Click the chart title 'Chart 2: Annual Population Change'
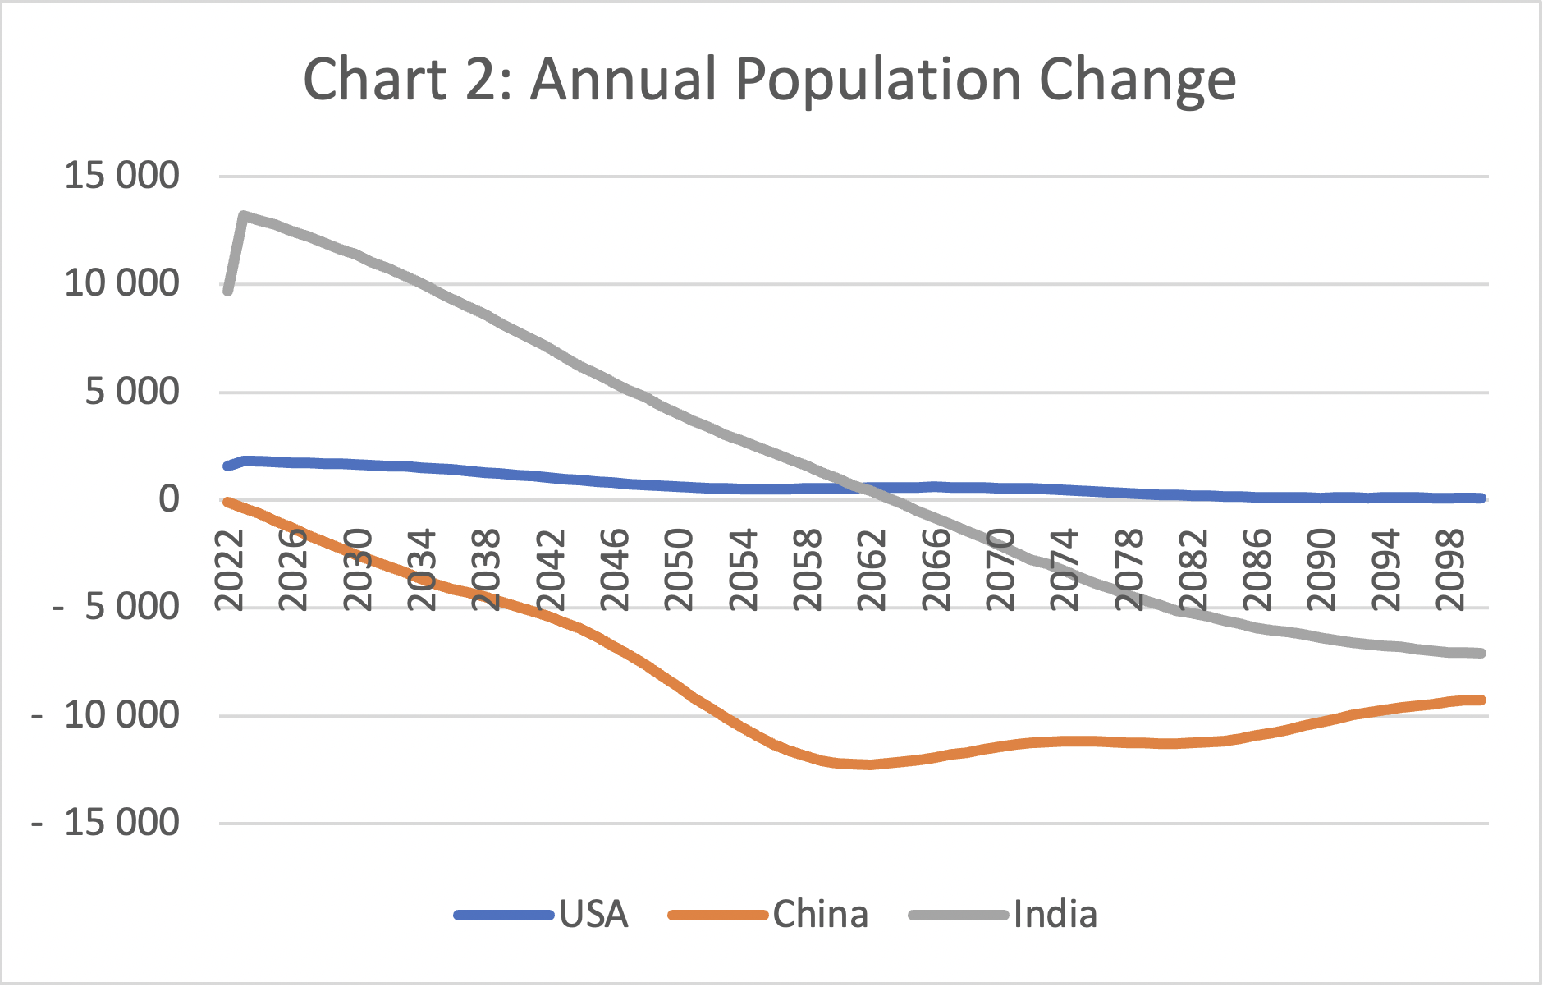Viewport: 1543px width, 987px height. coord(769,80)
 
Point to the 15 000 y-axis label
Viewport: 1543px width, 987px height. coord(121,176)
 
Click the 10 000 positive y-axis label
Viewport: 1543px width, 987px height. coord(121,284)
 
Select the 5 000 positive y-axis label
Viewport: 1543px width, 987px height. coord(131,392)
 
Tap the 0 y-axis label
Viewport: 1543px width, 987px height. coord(168,499)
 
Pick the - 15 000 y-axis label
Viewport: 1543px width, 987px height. coord(107,823)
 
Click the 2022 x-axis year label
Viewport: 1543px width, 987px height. coord(229,570)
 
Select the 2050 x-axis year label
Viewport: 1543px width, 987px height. coord(679,570)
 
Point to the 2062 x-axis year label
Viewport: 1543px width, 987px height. coord(872,570)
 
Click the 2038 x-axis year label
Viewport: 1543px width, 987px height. coord(486,570)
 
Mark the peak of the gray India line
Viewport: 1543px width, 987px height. coord(244,216)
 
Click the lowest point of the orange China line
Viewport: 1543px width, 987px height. coord(868,764)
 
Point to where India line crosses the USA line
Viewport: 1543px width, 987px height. coord(863,488)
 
